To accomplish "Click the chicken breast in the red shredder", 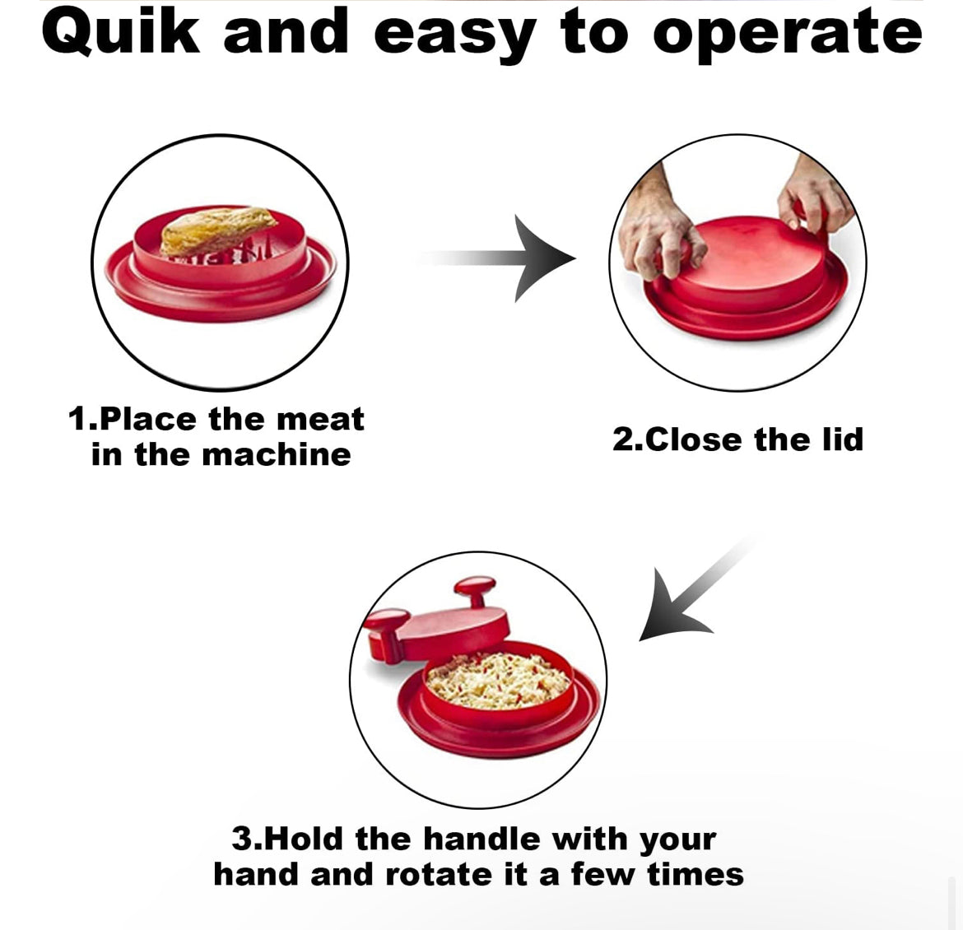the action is click(x=217, y=230).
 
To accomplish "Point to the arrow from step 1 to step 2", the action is click(x=497, y=258).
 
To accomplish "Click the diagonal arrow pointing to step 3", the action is click(x=697, y=590).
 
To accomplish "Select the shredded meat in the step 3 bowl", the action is click(x=498, y=680).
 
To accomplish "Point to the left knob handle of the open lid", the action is click(x=387, y=633).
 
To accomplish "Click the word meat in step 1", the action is click(x=320, y=420).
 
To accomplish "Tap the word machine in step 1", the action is click(x=277, y=455).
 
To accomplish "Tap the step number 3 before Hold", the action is click(x=240, y=839).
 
